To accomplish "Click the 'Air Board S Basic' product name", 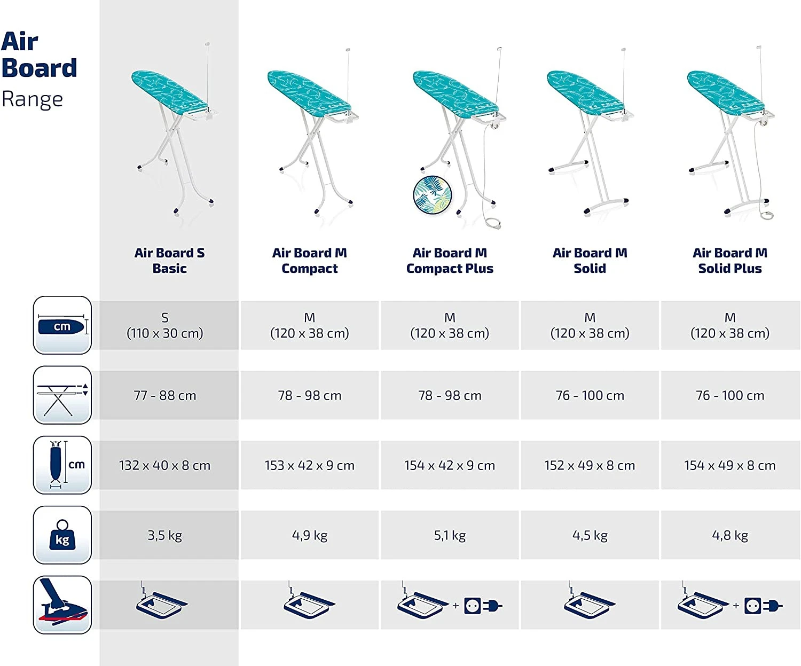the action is click(169, 261).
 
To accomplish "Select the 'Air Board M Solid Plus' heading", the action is click(729, 261).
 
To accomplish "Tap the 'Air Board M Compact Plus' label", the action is click(450, 261).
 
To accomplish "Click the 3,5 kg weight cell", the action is click(164, 535).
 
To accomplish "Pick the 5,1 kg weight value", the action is click(450, 535).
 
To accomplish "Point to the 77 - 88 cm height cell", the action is click(164, 395).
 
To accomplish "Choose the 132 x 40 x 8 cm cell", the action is click(164, 465).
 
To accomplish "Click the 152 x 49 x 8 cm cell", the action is click(590, 465).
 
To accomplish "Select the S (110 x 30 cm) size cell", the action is click(164, 325).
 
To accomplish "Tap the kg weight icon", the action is click(62, 535).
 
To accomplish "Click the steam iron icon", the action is click(62, 605).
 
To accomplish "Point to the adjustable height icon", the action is click(62, 395).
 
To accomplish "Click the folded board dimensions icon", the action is click(62, 465).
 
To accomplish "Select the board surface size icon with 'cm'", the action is click(62, 325).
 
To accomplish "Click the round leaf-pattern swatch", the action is click(433, 195).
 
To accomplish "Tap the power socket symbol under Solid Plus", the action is click(752, 606).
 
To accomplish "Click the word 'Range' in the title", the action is click(32, 100).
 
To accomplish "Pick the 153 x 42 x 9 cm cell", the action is click(309, 465).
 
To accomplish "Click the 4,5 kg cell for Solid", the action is click(590, 535).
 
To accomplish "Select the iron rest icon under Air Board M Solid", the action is click(589, 600).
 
